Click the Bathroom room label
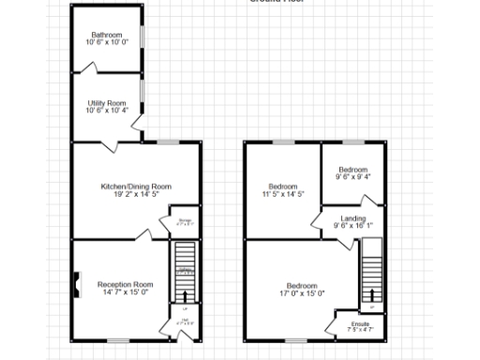point(106,35)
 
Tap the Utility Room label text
point(107,103)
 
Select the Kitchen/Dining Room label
point(136,187)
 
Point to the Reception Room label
point(124,283)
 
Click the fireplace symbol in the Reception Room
point(76,283)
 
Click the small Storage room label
point(185,220)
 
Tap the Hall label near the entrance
point(185,321)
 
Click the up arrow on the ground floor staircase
point(185,307)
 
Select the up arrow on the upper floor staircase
point(372,306)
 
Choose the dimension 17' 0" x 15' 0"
point(301,292)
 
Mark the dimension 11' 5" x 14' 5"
point(284,194)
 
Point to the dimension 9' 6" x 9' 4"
point(353,176)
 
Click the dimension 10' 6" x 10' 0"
point(106,42)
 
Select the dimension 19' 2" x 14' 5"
point(136,194)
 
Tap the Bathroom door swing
point(89,67)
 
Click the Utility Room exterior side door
point(138,123)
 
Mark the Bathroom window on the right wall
point(142,35)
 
